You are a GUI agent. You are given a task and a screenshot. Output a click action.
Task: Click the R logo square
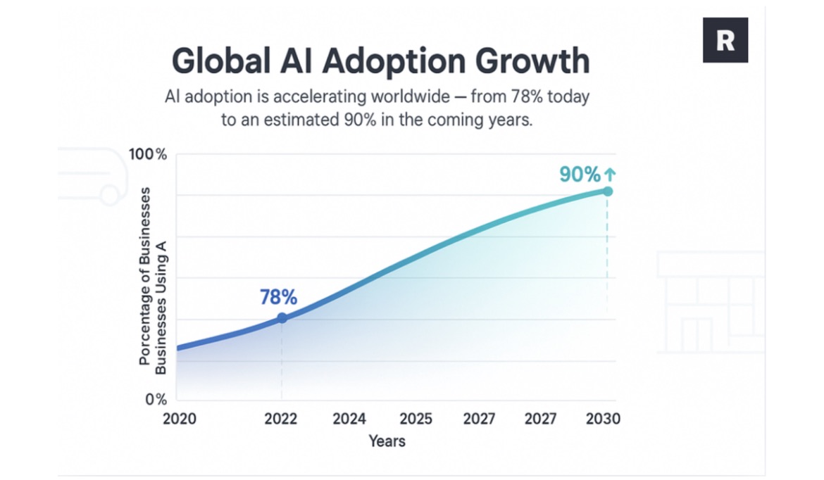[x=725, y=40]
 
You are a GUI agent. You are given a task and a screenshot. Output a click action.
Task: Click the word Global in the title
[x=220, y=61]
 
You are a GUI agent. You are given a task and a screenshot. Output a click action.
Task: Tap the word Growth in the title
[x=532, y=61]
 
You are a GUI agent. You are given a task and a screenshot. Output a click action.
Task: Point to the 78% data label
[x=278, y=297]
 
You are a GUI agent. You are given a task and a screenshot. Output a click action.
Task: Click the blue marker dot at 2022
[x=282, y=317]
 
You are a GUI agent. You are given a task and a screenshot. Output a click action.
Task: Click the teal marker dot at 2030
[x=608, y=191]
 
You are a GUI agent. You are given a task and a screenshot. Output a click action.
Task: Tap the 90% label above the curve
[x=580, y=175]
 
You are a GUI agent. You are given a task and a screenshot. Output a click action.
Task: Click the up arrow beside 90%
[x=610, y=174]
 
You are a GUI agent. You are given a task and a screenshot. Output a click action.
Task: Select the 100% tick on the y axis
[x=148, y=154]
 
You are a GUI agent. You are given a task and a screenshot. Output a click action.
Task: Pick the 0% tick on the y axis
[x=156, y=399]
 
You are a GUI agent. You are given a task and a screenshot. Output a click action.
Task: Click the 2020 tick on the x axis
[x=179, y=419]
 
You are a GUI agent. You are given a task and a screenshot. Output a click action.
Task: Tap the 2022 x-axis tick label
[x=280, y=419]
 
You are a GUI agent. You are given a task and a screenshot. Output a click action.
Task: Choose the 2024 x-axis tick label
[x=349, y=419]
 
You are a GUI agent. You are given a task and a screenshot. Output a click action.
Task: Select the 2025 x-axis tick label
[x=416, y=419]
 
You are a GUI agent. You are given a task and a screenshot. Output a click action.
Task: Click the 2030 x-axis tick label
[x=604, y=419]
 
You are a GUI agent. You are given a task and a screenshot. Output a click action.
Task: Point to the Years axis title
[x=387, y=441]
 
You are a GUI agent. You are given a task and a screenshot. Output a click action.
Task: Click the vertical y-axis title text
[x=152, y=280]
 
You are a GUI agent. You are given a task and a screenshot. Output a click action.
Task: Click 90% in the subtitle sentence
[x=361, y=120]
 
